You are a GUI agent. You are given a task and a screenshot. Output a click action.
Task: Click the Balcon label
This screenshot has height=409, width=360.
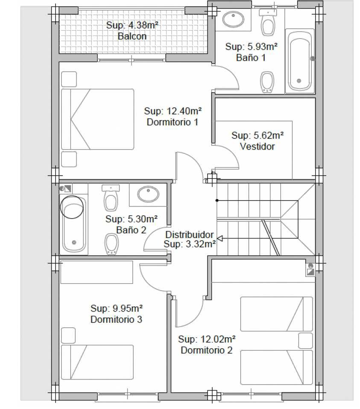point(132,36)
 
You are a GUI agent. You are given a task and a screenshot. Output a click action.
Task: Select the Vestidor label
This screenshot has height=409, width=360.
point(257,146)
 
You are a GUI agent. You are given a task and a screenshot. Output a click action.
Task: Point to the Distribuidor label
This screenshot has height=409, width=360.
point(190,235)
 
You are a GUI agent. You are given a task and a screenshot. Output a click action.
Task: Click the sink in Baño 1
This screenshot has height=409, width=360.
point(234,19)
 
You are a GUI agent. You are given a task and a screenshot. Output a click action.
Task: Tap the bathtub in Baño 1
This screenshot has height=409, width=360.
point(300,61)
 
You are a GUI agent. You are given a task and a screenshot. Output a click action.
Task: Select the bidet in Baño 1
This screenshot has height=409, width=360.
point(267,82)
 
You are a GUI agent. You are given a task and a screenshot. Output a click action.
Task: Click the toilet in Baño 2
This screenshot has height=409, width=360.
point(111,197)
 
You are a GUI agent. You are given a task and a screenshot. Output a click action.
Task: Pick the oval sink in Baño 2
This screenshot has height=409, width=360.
point(148,194)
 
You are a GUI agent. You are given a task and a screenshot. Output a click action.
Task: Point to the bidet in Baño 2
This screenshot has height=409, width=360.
point(111,244)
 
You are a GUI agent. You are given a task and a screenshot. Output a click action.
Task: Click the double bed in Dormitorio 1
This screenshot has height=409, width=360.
point(97,119)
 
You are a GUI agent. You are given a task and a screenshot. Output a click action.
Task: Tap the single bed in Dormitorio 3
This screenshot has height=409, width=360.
point(97,362)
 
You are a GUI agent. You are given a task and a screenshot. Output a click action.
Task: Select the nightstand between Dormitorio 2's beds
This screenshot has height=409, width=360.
point(305,340)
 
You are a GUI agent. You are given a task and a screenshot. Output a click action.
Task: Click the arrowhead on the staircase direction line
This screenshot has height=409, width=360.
point(220,238)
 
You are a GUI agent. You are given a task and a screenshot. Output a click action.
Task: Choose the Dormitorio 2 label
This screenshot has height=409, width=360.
point(206,350)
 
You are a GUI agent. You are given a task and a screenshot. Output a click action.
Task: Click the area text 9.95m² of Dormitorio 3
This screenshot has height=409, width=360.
point(127,308)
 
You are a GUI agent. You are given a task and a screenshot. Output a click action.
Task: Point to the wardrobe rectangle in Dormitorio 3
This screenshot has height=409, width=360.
point(97,272)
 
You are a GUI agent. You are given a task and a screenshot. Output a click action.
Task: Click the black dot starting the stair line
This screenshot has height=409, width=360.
point(217,200)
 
